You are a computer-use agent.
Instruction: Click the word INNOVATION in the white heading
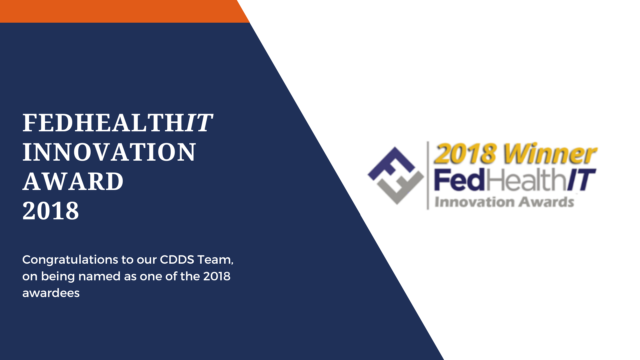[109, 152]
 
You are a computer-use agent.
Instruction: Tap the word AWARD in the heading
[73, 182]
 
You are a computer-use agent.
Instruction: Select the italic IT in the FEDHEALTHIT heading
[199, 123]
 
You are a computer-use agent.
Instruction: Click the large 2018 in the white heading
[51, 211]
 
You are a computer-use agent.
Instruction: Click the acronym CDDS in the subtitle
[177, 259]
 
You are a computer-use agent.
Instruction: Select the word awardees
[51, 293]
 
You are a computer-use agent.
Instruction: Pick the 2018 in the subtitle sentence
[217, 276]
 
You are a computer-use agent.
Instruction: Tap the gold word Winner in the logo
[550, 154]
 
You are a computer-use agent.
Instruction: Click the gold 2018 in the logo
[465, 154]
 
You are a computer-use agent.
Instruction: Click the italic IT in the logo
[582, 180]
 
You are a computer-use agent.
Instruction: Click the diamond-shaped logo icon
[396, 175]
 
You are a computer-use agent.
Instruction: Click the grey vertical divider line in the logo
[428, 175]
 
